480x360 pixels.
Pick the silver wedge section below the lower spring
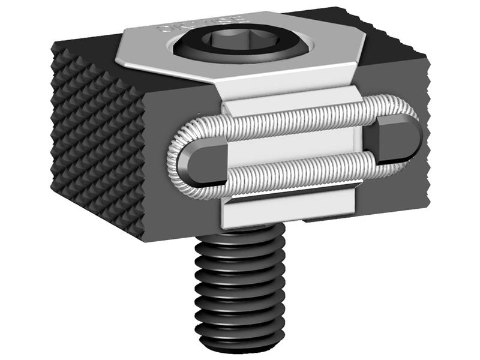pyautogui.click(x=288, y=207)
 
